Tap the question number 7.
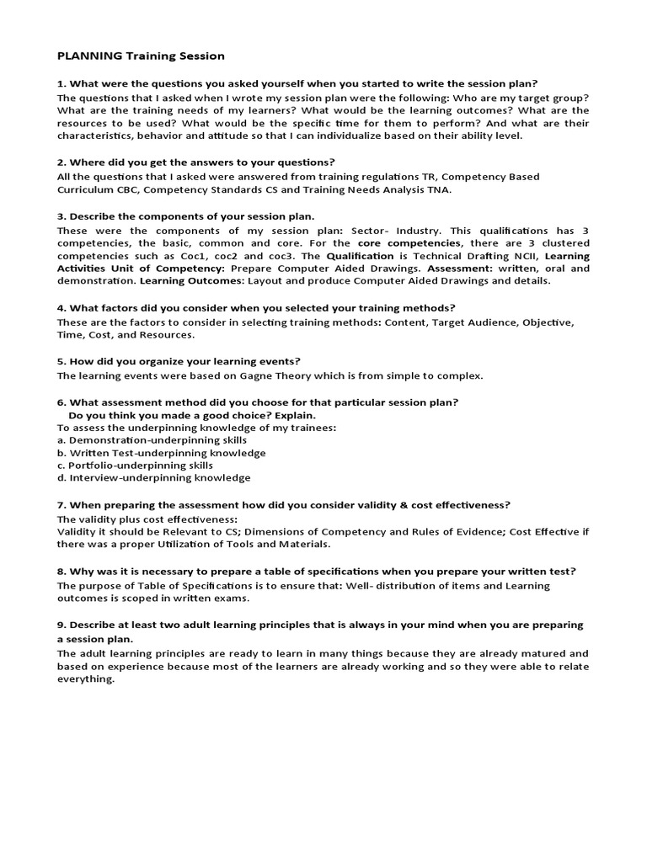click(61, 505)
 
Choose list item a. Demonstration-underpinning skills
click(152, 440)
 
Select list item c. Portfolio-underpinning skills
click(135, 466)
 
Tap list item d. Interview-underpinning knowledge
click(153, 478)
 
